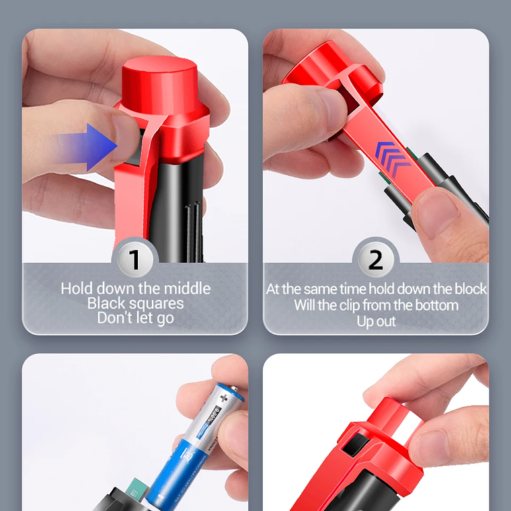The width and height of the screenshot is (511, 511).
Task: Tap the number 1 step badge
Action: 135,260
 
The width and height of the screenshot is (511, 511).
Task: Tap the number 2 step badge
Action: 376,260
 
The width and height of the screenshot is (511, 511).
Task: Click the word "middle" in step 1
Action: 187,288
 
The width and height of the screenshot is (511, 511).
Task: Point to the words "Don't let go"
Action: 135,318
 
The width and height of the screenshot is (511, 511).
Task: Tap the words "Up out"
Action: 376,321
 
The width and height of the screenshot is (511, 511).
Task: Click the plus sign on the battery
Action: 224,398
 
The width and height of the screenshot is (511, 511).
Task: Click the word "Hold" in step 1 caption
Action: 77,288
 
